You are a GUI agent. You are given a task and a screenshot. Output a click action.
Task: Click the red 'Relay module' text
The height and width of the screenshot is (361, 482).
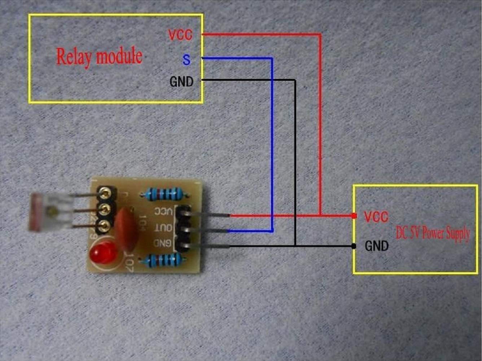pos(99,57)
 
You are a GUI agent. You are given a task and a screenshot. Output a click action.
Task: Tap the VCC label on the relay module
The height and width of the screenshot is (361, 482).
pos(180,35)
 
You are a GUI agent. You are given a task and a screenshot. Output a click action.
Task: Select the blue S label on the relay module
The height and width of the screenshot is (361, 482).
pos(186,60)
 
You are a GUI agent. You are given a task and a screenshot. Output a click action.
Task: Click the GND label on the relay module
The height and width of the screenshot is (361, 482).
pos(181,82)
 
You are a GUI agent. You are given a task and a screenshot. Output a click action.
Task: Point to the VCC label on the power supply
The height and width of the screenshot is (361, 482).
pos(376,217)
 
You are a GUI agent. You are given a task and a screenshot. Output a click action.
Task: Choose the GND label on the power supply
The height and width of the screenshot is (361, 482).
pos(377,246)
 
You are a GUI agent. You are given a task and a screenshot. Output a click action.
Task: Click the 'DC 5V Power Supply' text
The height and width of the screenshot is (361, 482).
pos(433,233)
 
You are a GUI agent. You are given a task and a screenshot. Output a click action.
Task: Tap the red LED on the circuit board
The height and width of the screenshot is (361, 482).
pos(103,255)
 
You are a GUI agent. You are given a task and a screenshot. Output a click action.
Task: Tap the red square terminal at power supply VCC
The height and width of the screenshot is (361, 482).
pos(354,216)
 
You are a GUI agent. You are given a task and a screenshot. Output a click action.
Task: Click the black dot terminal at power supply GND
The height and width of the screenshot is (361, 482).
pos(354,246)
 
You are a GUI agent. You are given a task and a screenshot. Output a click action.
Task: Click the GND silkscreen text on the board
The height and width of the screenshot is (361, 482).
pos(162,243)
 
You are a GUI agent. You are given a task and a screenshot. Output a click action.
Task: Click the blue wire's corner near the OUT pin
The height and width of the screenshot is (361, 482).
pos(272,231)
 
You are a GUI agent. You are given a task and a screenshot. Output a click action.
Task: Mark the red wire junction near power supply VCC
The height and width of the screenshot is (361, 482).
pos(320,215)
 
